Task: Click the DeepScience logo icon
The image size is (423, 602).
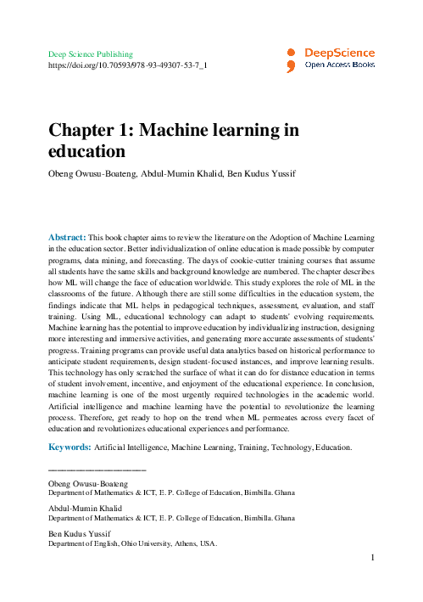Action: (291, 58)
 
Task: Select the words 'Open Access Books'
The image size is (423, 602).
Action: (340, 64)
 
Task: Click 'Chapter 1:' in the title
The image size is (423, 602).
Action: (88, 131)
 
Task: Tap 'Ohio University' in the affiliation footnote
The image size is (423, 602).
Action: (145, 543)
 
